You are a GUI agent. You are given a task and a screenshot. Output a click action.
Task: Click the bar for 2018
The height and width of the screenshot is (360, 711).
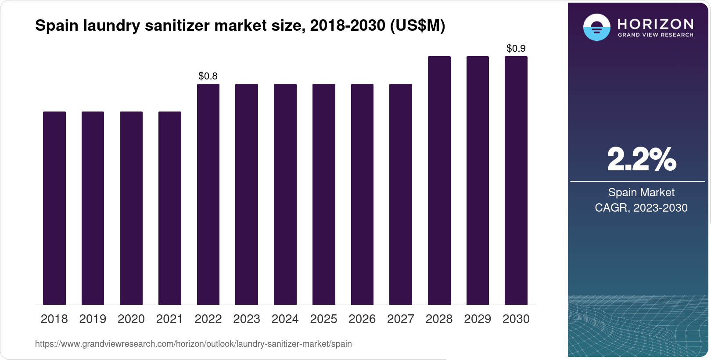click(x=54, y=208)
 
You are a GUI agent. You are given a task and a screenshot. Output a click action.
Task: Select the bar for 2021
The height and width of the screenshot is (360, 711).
click(x=170, y=208)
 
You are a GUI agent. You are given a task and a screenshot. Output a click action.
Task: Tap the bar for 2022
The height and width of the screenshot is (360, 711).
click(x=208, y=194)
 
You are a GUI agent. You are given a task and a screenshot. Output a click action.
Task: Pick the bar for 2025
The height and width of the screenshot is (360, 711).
click(x=323, y=194)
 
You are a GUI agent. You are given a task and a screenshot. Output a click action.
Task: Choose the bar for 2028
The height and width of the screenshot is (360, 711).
click(x=439, y=180)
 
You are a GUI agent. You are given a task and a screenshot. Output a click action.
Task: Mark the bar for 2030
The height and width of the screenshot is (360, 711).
click(x=516, y=180)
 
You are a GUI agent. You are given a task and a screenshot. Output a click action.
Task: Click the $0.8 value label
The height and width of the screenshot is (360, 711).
click(x=208, y=76)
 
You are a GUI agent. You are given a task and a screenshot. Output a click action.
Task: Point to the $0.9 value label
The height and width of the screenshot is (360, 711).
click(x=516, y=49)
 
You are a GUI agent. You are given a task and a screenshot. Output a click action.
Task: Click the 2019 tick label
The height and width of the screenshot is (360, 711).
click(x=93, y=319)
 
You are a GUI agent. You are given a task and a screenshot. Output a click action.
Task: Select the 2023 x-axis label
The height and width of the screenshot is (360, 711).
click(x=247, y=319)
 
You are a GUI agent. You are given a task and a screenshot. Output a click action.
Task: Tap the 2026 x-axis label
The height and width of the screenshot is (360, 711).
click(x=362, y=319)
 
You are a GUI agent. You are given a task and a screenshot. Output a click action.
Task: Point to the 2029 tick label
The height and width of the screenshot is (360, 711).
click(x=478, y=319)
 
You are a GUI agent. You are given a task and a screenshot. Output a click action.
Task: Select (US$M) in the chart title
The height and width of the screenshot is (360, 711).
click(x=417, y=26)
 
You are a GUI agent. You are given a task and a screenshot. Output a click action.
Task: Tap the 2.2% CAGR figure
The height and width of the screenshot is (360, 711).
click(x=641, y=159)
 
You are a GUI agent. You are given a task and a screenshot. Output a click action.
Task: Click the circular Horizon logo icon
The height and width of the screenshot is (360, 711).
click(x=596, y=27)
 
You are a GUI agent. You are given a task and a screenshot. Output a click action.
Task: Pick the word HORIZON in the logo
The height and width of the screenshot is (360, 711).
click(x=655, y=24)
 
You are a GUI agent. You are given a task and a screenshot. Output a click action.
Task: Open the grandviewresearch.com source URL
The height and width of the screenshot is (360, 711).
click(x=194, y=344)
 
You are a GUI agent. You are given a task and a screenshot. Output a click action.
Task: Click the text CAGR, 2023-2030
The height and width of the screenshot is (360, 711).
click(x=641, y=208)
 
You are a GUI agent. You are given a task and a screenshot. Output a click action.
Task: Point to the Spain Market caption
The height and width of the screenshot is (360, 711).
click(x=641, y=192)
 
